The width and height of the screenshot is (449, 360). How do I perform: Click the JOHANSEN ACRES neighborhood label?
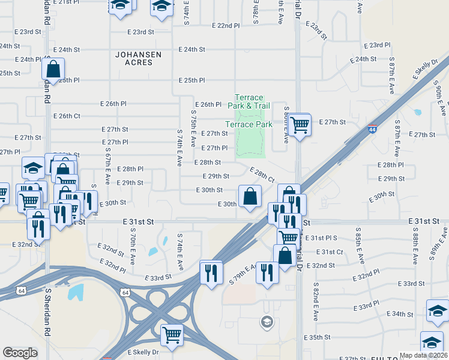pyautogui.click(x=139, y=59)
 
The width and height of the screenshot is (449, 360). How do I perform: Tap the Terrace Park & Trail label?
pyautogui.click(x=249, y=101)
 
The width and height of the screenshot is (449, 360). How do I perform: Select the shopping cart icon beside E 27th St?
pyautogui.click(x=299, y=125)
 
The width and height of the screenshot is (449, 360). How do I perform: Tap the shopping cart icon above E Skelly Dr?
pyautogui.click(x=172, y=334)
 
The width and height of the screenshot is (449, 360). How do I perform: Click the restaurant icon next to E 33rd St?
pyautogui.click(x=210, y=271)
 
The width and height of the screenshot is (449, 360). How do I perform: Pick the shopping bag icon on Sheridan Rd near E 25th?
pyautogui.click(x=53, y=70)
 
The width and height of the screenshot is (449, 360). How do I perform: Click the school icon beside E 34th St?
pyautogui.click(x=438, y=312)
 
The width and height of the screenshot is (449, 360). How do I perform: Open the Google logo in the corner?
pyautogui.click(x=20, y=353)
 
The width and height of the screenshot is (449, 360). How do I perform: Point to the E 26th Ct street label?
pyautogui.click(x=67, y=116)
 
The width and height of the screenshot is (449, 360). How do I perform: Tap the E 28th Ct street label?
pyautogui.click(x=262, y=176)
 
